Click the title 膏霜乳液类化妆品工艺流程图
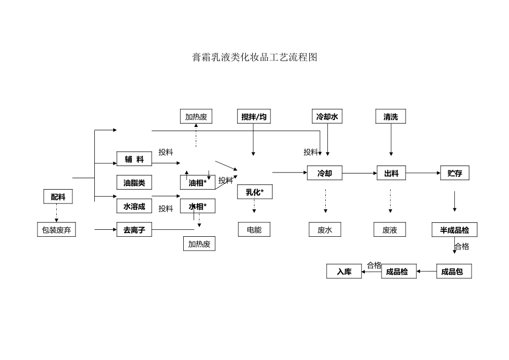pos(254,57)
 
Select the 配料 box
pos(58,197)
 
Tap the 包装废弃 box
pos(56,230)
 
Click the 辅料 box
pos(134,159)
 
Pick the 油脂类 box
pos(134,183)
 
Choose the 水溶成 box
pos(134,206)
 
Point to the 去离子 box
pos(134,230)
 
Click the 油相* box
pos(197,183)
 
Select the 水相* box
pos(197,206)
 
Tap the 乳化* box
pos(254,192)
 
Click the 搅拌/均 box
pos(253,117)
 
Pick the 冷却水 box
pos(327,117)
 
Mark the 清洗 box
pos(391,117)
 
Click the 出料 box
pos(391,173)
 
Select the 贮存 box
pos(454,173)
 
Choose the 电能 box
pos(254,230)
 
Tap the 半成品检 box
pos(454,230)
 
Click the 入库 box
pos(344,272)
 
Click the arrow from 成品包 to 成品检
pos(426,272)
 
